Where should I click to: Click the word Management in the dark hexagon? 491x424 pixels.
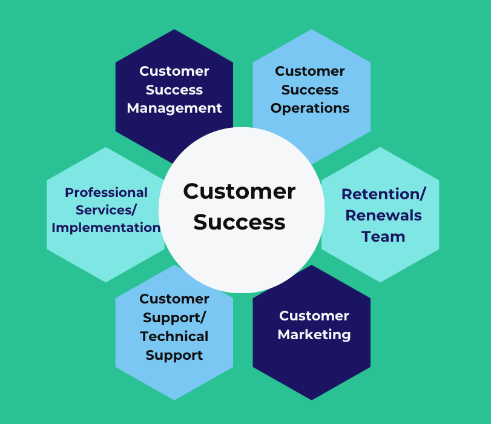click(x=174, y=108)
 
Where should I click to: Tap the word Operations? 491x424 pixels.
click(x=310, y=108)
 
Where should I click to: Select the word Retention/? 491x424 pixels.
click(x=384, y=194)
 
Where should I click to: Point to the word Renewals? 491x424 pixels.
click(x=384, y=216)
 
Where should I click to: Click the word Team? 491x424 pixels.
click(x=383, y=237)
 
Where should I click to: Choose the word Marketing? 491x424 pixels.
click(x=314, y=334)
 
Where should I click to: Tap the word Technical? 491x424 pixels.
click(x=174, y=336)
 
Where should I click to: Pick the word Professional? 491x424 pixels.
click(x=106, y=193)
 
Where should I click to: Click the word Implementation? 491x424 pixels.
click(x=106, y=228)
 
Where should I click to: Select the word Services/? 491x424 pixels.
click(x=106, y=210)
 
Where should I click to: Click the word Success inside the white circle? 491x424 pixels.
click(x=240, y=222)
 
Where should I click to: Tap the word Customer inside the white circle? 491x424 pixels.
click(x=240, y=191)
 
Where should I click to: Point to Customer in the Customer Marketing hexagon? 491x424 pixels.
click(x=314, y=316)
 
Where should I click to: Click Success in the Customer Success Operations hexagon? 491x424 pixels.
click(x=310, y=90)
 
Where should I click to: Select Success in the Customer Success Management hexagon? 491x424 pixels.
click(x=174, y=90)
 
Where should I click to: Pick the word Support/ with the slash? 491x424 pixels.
click(x=174, y=317)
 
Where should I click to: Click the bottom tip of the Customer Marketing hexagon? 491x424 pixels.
click(x=312, y=400)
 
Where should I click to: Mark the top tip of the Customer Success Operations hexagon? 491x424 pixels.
click(x=312, y=29)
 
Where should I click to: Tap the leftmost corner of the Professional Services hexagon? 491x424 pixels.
click(x=47, y=214)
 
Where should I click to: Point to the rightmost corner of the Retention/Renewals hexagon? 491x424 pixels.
click(x=440, y=214)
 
